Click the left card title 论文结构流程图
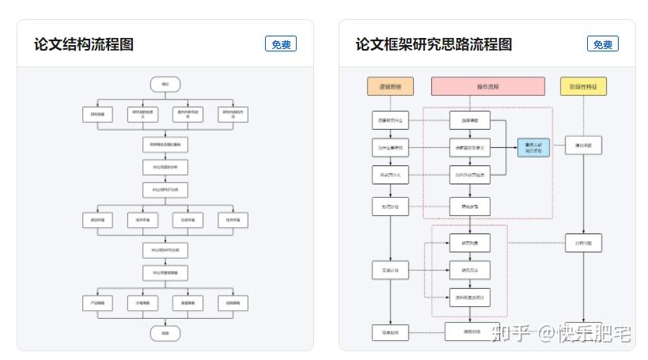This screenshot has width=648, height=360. click(83, 44)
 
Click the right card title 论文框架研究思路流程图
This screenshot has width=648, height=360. click(434, 44)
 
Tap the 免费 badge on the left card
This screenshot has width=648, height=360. click(281, 44)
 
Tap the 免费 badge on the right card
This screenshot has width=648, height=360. click(603, 44)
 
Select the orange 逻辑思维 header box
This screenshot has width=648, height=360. click(391, 86)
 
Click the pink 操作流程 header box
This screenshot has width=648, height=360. click(487, 86)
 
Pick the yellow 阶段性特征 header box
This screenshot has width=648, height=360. click(583, 86)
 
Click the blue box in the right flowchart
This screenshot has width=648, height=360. click(533, 147)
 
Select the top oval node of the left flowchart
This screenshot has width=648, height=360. click(165, 84)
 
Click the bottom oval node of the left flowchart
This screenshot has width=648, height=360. click(165, 333)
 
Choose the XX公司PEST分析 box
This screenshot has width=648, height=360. click(165, 190)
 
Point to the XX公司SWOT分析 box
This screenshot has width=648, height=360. click(165, 250)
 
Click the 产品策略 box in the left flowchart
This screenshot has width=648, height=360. click(98, 302)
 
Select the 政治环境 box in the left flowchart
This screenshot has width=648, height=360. click(98, 219)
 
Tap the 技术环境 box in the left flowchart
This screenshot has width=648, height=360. click(233, 219)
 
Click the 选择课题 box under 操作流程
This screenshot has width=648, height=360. click(470, 121)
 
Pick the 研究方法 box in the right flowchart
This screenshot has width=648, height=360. click(470, 271)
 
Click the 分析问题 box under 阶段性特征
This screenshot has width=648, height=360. click(583, 243)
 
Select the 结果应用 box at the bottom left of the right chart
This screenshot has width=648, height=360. click(391, 333)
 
